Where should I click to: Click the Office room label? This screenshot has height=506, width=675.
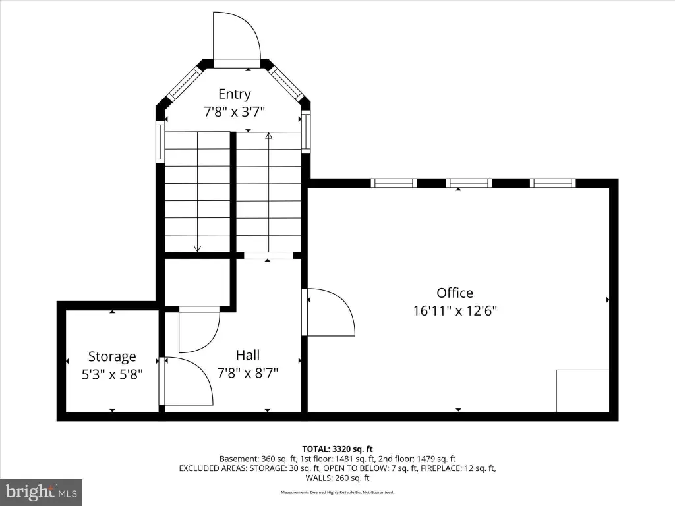(x=455, y=293)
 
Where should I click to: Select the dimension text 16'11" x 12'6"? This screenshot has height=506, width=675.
(x=455, y=311)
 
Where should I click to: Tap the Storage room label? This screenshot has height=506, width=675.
(x=112, y=356)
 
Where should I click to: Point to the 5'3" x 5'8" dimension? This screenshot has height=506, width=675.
(x=112, y=374)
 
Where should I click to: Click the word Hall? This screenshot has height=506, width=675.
(x=248, y=355)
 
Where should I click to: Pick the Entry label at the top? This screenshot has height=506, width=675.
(x=235, y=94)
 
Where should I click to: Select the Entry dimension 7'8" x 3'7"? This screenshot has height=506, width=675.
(x=234, y=112)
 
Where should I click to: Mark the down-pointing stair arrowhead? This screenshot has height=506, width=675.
(x=198, y=248)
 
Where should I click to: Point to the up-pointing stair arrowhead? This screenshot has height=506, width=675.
(x=269, y=136)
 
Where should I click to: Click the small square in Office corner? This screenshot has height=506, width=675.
(x=583, y=391)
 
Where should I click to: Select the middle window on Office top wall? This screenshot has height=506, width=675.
(x=469, y=183)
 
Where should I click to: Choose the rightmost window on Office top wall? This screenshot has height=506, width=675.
(x=553, y=183)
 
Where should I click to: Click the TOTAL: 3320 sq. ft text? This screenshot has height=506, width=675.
(x=337, y=449)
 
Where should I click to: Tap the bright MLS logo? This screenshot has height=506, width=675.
(x=41, y=492)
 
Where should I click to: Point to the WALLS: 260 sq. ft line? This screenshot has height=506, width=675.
(x=337, y=478)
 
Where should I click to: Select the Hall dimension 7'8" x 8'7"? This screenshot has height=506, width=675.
(x=248, y=373)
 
